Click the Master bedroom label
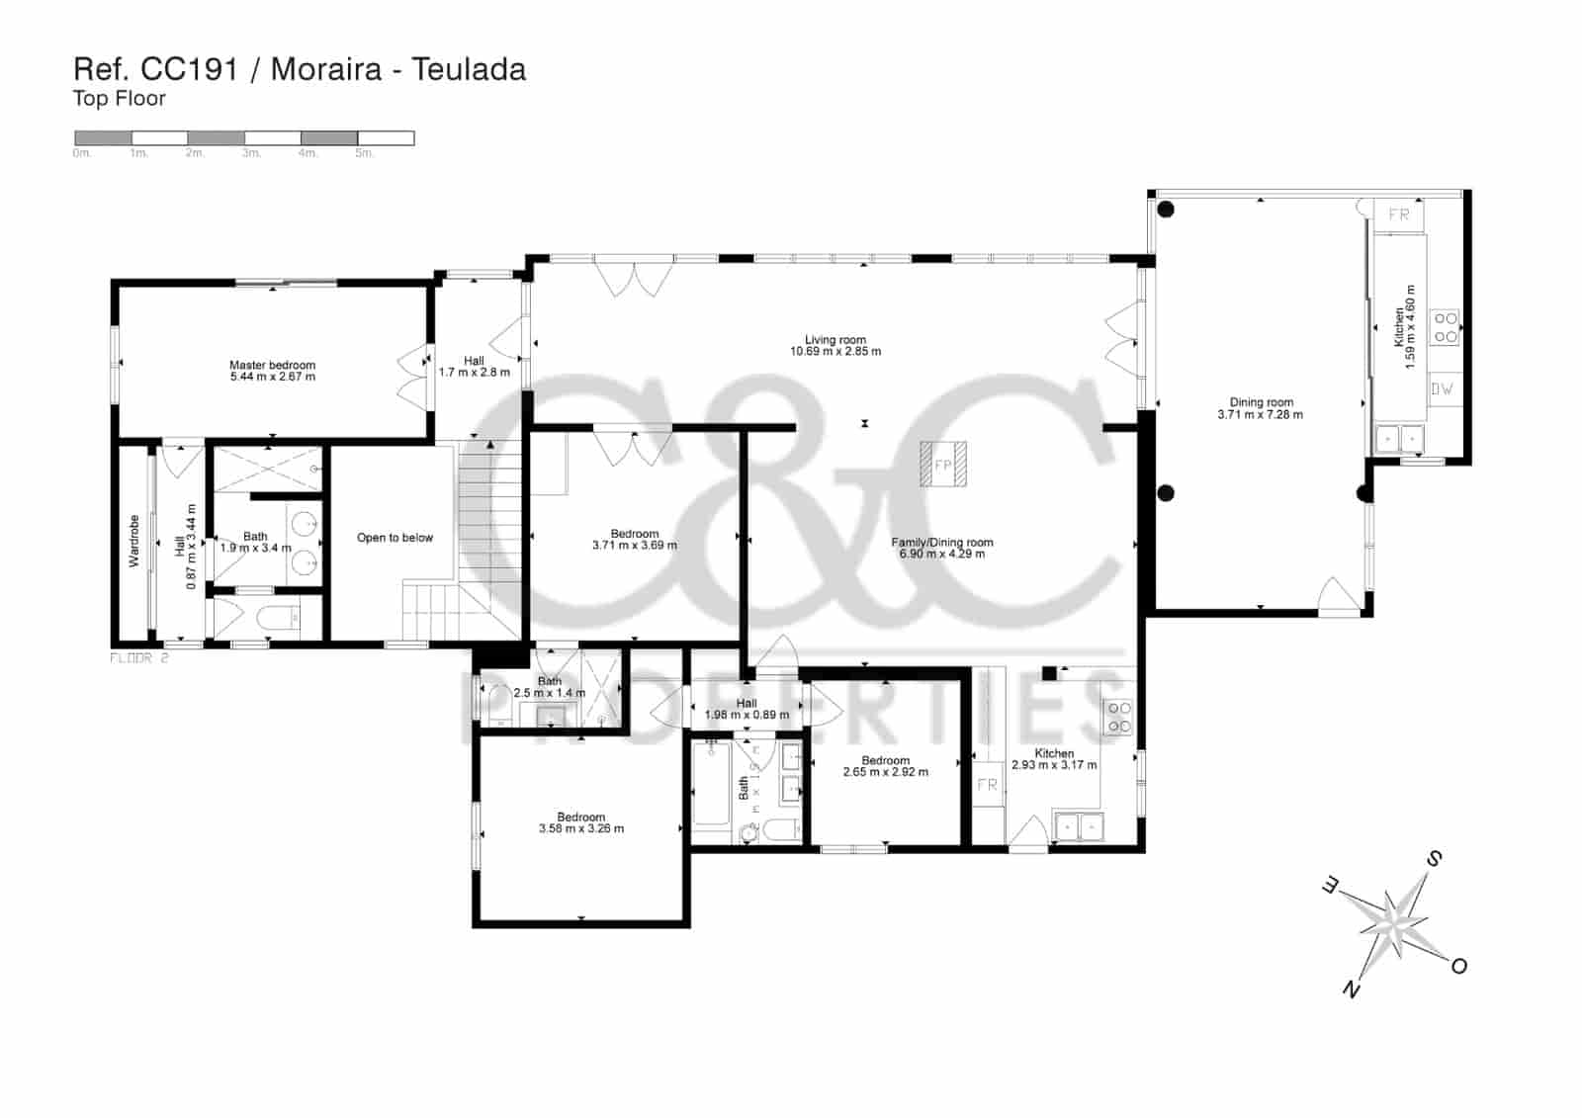click(272, 365)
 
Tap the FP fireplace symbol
click(942, 465)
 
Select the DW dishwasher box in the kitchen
click(1442, 388)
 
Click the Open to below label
click(395, 538)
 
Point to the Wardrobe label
click(134, 541)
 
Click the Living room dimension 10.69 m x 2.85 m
click(835, 352)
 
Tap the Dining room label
click(1261, 402)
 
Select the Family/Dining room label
click(941, 542)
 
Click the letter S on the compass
click(1434, 858)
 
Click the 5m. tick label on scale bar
click(364, 153)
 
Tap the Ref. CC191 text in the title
click(156, 69)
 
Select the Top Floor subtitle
click(119, 99)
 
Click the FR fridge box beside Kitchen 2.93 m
click(987, 785)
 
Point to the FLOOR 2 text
click(138, 657)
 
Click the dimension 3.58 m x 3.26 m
click(580, 828)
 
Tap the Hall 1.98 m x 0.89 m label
click(747, 709)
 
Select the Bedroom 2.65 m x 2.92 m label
click(885, 766)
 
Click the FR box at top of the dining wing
click(1398, 215)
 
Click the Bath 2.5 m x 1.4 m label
click(549, 687)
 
